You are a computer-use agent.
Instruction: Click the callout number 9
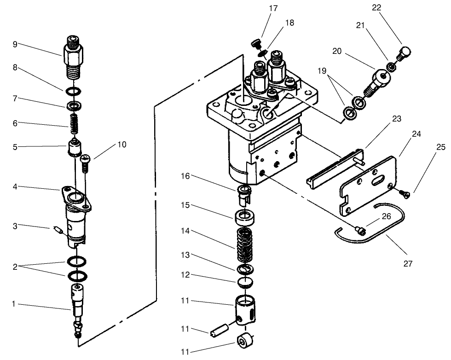tap(15, 44)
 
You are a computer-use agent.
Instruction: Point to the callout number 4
tap(15, 186)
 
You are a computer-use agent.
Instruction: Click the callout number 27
tap(408, 264)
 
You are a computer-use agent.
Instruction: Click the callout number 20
tap(337, 51)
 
